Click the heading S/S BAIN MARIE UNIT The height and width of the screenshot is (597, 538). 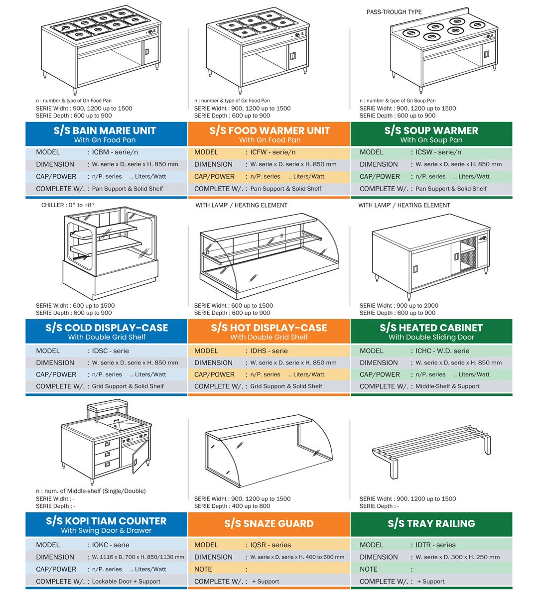click(105, 130)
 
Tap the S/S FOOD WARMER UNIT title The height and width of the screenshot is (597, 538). click(270, 130)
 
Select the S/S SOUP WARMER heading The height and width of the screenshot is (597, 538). click(431, 130)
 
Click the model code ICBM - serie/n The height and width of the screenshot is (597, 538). click(115, 152)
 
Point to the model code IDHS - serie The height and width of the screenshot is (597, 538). click(269, 351)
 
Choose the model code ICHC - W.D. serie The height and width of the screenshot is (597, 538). click(442, 351)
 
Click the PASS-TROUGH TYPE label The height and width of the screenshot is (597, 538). click(394, 12)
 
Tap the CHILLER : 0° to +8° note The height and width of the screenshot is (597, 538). click(68, 205)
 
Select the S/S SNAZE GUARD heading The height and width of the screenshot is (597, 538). click(269, 524)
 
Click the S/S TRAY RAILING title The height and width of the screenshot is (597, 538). click(431, 524)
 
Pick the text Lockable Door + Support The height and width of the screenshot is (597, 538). click(126, 582)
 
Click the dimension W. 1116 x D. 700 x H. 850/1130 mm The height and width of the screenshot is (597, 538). click(138, 557)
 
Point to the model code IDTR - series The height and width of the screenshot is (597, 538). click(435, 545)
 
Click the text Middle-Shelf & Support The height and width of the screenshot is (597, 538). click(447, 386)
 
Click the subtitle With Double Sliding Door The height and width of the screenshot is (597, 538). click(431, 337)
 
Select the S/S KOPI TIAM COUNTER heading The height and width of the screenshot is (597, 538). click(106, 521)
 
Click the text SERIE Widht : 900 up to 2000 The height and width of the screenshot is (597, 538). click(399, 306)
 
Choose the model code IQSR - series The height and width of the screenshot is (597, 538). click(270, 545)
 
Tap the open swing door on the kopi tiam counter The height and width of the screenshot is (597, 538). click(140, 457)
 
